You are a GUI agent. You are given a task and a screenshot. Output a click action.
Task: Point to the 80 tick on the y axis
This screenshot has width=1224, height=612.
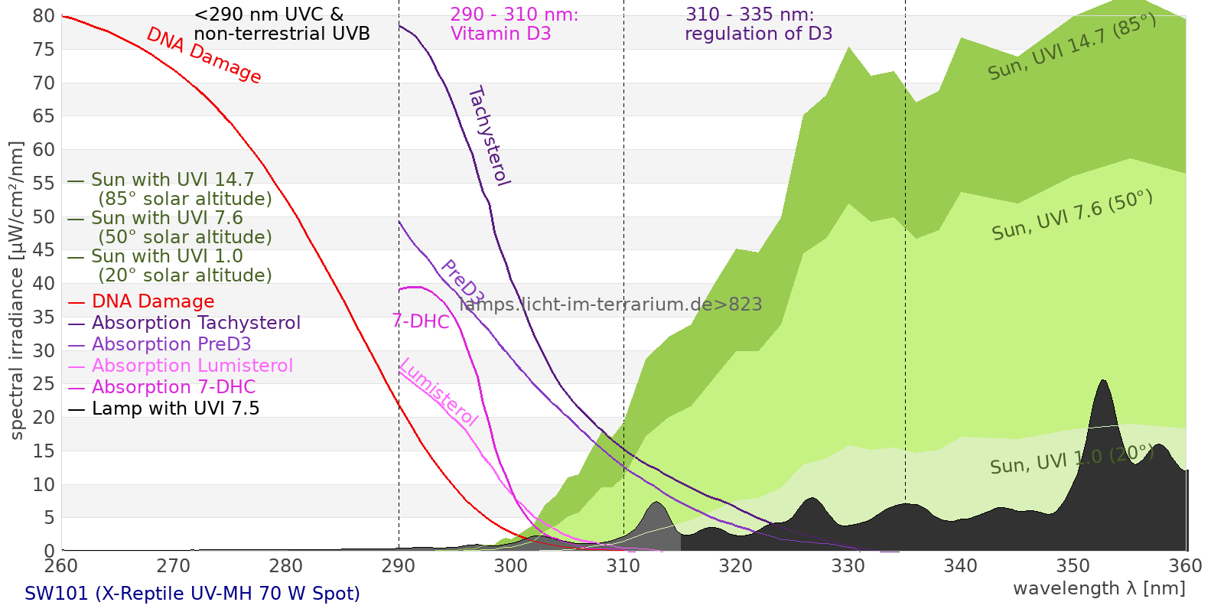click(44, 16)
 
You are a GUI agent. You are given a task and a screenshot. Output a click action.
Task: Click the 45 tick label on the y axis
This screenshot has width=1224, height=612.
click(44, 250)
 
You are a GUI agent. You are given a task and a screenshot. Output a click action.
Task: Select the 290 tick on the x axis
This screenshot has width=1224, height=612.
click(398, 566)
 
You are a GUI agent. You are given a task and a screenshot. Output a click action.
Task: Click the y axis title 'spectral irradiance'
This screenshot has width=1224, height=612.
click(17, 291)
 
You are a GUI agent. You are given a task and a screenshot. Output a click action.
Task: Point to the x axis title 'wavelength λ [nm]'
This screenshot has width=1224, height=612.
click(1099, 588)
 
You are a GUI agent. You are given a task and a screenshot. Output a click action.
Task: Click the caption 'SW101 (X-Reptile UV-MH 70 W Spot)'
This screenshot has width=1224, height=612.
click(192, 594)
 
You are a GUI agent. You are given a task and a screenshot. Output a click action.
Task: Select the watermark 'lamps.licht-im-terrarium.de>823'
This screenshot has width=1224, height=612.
click(610, 304)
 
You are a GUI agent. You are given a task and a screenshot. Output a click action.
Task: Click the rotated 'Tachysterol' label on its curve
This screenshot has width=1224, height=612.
click(488, 136)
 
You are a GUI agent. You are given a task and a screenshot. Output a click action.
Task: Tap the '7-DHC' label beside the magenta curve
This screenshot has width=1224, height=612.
click(421, 321)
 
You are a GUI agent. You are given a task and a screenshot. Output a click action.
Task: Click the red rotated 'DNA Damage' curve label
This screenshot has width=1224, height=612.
click(204, 55)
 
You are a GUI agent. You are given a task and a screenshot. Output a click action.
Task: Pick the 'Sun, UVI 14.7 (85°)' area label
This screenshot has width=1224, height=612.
click(1072, 47)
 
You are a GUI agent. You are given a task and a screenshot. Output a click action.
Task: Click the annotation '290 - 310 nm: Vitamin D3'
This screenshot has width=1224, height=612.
click(513, 24)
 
